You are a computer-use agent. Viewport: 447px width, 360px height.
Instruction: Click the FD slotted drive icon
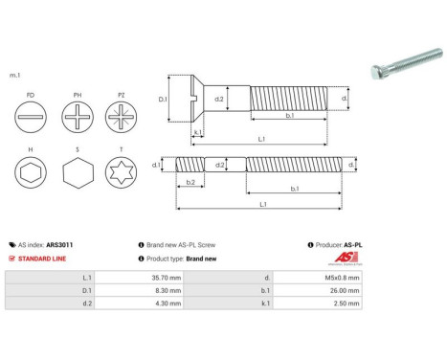[32, 123]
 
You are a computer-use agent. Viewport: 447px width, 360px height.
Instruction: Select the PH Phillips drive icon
[77, 123]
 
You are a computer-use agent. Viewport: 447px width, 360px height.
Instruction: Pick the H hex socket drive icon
[32, 176]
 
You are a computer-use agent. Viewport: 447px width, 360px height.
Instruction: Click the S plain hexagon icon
[77, 176]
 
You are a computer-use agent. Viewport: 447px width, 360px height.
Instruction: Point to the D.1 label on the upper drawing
[162, 99]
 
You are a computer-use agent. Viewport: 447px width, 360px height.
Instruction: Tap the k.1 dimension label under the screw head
[196, 131]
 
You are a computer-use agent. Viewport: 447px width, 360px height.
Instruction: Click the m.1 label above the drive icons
[14, 75]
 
